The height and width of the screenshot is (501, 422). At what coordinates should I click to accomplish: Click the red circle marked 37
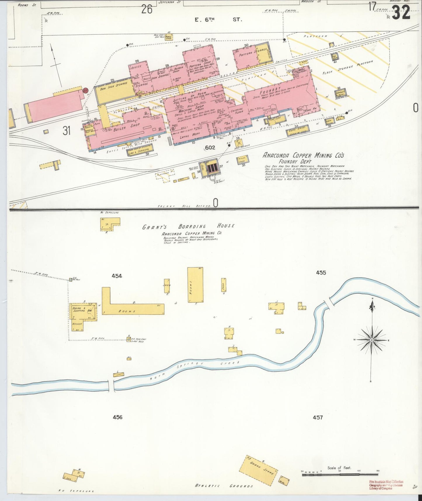coord(85,91)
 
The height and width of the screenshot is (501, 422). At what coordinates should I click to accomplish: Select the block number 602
coord(210,148)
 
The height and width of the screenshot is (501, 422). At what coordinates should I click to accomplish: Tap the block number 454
coord(117,276)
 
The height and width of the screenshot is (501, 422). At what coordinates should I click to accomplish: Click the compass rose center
coord(371,340)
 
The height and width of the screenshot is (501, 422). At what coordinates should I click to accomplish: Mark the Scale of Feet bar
coord(340,474)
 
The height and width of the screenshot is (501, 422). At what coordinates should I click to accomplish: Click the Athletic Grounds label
coord(224,486)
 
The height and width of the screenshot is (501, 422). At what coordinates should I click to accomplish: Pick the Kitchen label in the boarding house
coord(77,324)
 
